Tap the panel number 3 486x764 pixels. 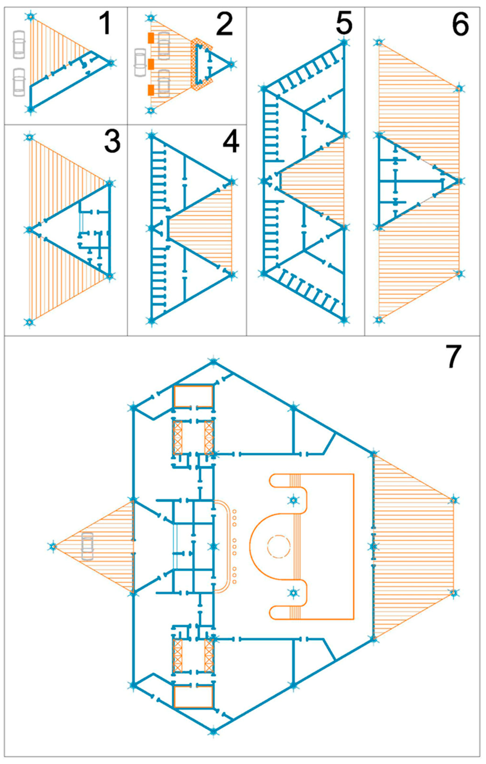pos(112,142)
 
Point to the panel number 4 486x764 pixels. pos(231,142)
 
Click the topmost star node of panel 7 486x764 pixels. pos(214,362)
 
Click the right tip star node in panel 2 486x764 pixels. pos(232,64)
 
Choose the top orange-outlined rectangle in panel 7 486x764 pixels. pos(193,396)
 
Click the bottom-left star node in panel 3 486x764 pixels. pos(29,322)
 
